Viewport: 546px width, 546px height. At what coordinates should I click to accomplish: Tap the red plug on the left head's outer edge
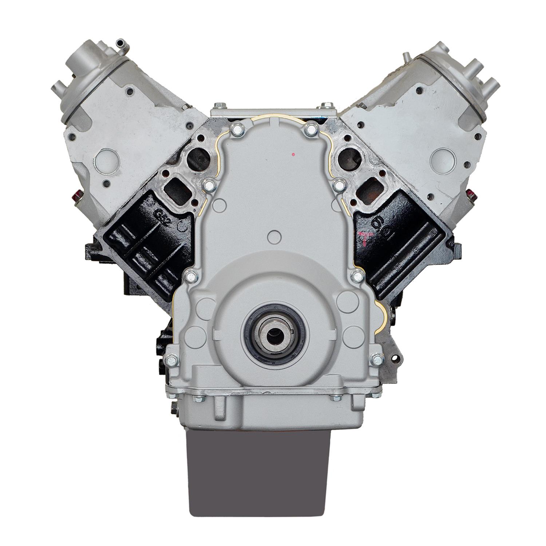(x=77, y=197)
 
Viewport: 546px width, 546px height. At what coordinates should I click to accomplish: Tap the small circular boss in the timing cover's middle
(x=273, y=237)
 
